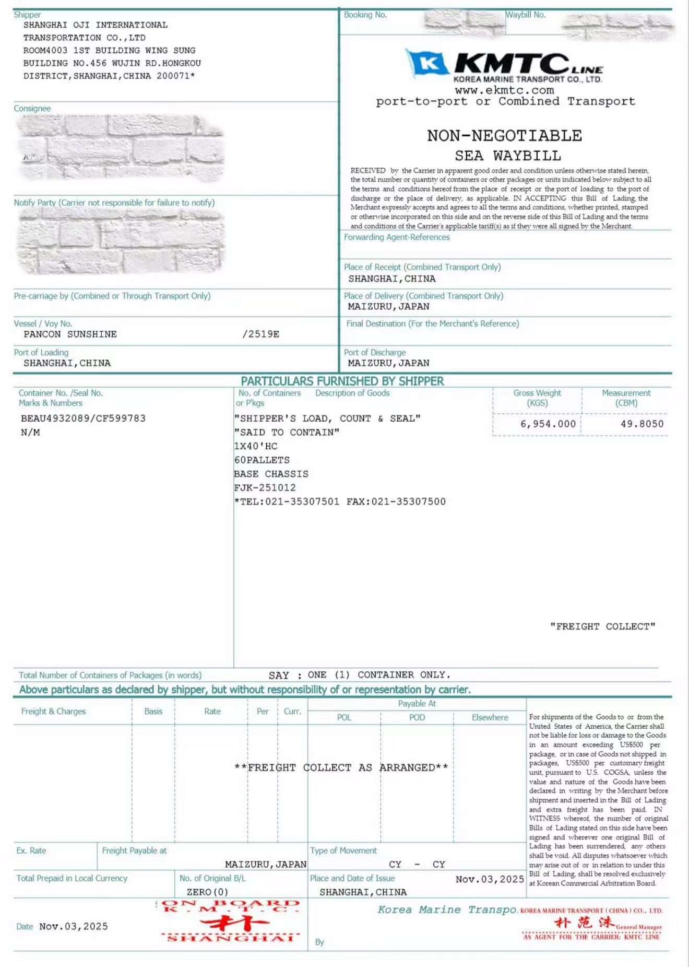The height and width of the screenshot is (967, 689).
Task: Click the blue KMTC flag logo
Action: click(x=427, y=63)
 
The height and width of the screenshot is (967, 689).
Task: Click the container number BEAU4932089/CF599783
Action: click(x=83, y=418)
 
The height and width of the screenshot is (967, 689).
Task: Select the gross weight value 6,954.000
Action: click(x=548, y=424)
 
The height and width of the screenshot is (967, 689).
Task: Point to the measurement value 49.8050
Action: click(x=642, y=424)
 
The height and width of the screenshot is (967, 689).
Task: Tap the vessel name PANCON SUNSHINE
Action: click(x=70, y=334)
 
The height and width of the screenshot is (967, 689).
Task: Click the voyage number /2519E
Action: click(x=260, y=334)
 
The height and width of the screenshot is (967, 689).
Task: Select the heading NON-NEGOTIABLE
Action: click(x=504, y=136)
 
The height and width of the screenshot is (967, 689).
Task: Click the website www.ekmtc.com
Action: click(x=504, y=90)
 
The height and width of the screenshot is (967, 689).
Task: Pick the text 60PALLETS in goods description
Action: click(x=262, y=460)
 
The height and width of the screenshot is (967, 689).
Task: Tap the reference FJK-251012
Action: click(x=265, y=488)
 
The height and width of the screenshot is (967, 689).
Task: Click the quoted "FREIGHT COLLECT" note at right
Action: click(x=602, y=626)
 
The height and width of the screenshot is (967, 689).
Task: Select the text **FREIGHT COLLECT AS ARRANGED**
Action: click(x=341, y=767)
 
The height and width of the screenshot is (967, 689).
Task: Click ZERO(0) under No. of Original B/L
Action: click(x=207, y=892)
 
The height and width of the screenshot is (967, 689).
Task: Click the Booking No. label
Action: click(x=365, y=15)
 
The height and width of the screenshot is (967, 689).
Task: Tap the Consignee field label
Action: click(x=32, y=109)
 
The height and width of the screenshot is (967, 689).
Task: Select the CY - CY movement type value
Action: click(x=417, y=865)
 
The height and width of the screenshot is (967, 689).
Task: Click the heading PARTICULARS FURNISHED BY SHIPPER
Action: click(x=342, y=381)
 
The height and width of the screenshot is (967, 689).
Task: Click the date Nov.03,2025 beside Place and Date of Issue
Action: click(x=489, y=879)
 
